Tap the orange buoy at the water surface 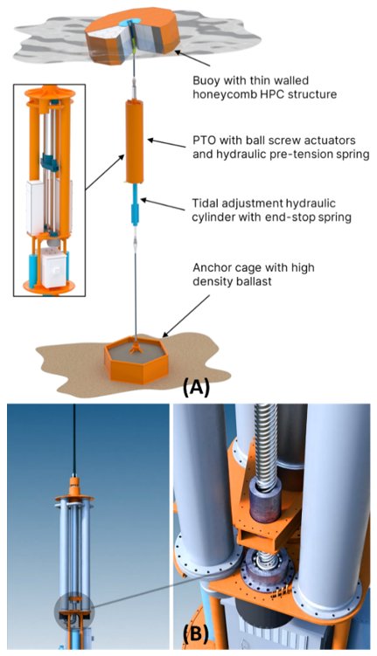click(x=132, y=38)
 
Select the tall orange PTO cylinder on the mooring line click(x=134, y=141)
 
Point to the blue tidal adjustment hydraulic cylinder click(x=135, y=205)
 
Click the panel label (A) click(x=196, y=388)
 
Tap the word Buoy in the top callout click(x=205, y=80)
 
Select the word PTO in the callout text click(x=203, y=141)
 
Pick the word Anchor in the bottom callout click(x=209, y=267)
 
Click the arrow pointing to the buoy click(x=192, y=59)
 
